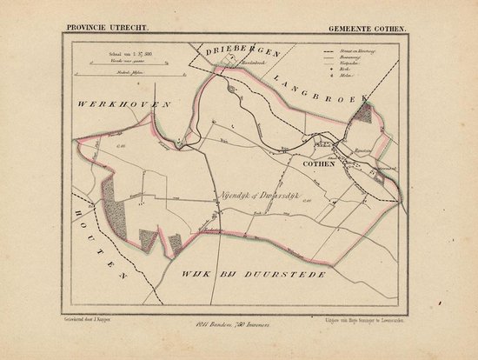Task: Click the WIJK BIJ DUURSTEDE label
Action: point(257,250)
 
